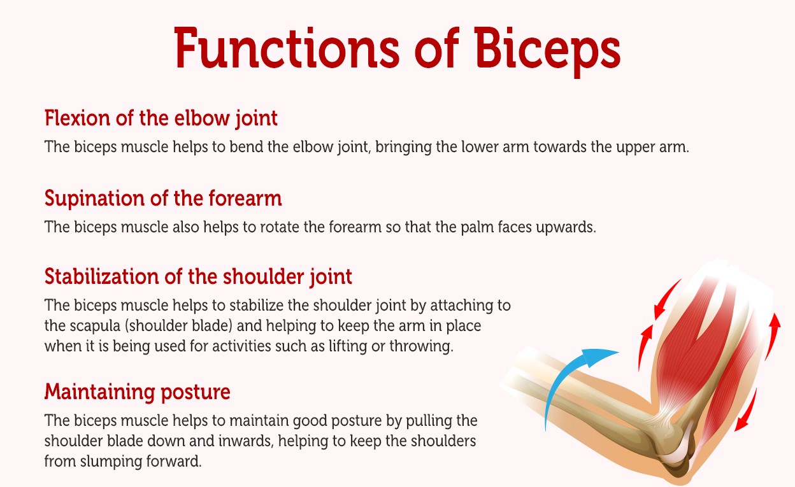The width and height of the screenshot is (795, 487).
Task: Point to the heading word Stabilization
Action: tap(101, 276)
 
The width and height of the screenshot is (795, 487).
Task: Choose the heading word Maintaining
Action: tap(100, 393)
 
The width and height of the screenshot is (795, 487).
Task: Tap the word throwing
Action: tap(421, 346)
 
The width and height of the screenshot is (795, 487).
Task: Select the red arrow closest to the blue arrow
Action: tap(645, 347)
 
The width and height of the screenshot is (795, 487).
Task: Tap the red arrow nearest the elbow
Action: tap(746, 411)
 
